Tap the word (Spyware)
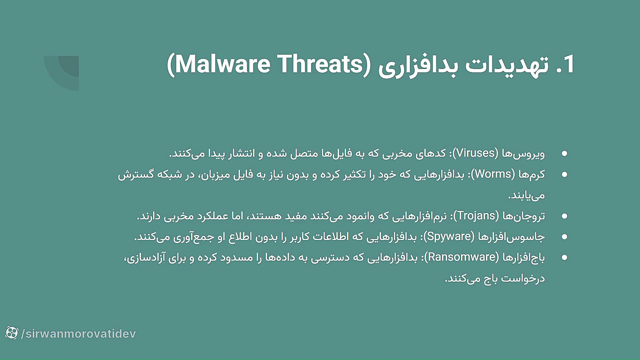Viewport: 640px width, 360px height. pyautogui.click(x=449, y=236)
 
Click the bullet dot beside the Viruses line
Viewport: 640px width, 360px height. pyautogui.click(x=564, y=153)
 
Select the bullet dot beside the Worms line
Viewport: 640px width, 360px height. pyautogui.click(x=564, y=174)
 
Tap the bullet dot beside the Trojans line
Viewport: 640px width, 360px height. pyautogui.click(x=564, y=216)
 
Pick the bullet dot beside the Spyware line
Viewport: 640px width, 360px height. pyautogui.click(x=564, y=237)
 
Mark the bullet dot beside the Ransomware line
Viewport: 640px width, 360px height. pyautogui.click(x=564, y=257)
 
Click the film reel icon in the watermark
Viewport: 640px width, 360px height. pyautogui.click(x=12, y=333)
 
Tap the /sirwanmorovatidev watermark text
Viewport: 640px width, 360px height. pyautogui.click(x=79, y=334)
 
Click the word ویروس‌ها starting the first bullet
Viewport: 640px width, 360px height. pyautogui.click(x=523, y=153)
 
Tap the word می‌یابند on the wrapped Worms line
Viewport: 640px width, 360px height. pyautogui.click(x=526, y=195)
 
